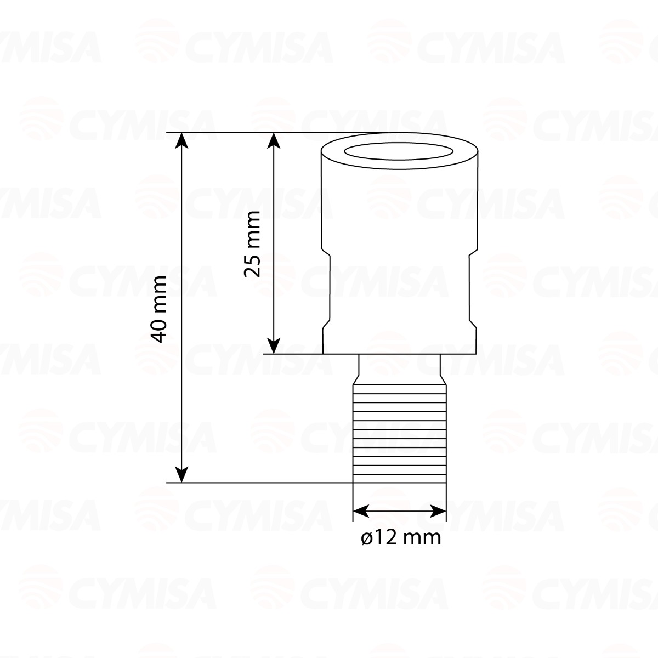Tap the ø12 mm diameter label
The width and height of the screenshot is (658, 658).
tap(401, 538)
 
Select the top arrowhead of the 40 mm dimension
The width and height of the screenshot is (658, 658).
tap(181, 140)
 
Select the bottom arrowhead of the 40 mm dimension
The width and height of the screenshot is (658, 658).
tap(181, 475)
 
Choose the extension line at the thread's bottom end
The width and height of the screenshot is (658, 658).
tap(258, 483)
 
